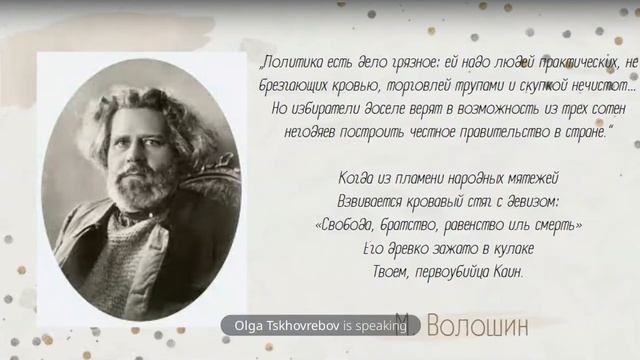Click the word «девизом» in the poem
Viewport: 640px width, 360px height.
pos(529,201)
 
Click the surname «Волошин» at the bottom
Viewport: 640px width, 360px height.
pos(475,324)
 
